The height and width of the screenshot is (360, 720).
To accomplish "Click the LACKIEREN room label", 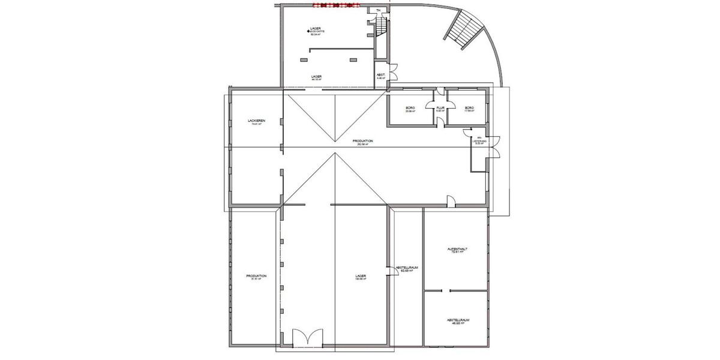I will pos(256,121).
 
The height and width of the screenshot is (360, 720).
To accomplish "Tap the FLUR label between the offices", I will pos(439,107).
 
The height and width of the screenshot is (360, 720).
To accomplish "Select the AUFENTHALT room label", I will pos(458,248).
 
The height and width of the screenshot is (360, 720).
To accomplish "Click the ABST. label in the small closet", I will pos(380,75).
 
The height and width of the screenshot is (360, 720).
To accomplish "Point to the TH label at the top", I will pos(377,10).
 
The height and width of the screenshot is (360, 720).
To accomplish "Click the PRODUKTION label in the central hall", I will pos(363,141).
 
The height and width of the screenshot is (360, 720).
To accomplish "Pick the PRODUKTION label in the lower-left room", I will pos(256,276).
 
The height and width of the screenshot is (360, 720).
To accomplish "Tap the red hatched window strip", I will pos(335,5).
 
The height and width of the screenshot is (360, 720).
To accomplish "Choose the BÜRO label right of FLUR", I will pos(469,108).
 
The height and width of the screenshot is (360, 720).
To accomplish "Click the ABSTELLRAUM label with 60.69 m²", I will pos(406,268).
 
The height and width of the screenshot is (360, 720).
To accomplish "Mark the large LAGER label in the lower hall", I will pos(361,276).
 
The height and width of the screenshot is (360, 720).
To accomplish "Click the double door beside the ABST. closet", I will pos(394,72).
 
